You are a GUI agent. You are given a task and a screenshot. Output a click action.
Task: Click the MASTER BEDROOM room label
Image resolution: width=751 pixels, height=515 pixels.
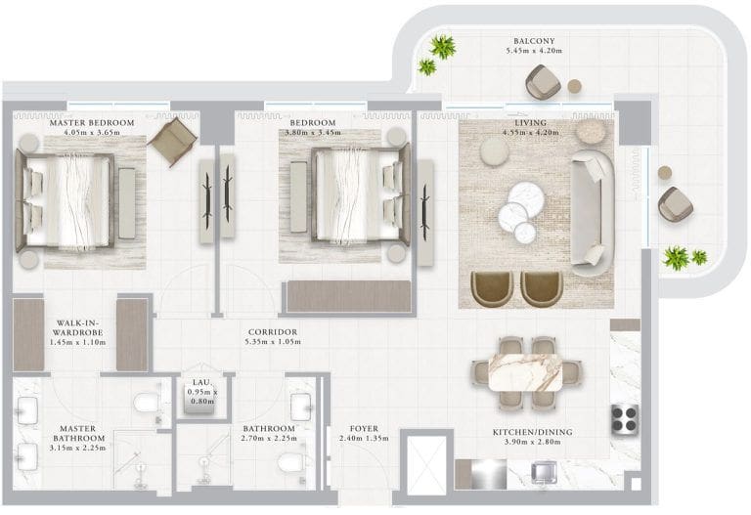92,123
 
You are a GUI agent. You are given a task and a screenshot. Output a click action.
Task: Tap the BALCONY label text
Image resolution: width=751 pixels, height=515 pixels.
534,41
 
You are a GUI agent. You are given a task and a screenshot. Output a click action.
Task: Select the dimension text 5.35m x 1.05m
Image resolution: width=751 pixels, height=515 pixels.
273,342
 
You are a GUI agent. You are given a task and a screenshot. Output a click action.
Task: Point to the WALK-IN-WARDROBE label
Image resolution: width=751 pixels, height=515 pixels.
77,327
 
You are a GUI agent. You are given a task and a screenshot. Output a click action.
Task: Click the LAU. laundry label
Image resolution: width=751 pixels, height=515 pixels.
201,382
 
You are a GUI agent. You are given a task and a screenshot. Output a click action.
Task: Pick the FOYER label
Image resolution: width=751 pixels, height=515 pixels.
364,429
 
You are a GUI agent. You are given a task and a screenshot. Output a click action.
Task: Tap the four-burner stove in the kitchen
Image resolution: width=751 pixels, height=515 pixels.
626,419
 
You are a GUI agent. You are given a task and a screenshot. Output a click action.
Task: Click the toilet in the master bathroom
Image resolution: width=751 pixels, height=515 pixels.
147,403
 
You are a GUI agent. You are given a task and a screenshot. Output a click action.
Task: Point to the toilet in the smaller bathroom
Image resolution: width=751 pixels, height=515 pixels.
290,463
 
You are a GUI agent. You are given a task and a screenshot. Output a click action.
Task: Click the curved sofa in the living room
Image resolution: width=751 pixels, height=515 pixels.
592,213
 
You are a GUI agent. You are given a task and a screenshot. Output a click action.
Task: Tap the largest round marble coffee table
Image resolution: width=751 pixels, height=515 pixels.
526,196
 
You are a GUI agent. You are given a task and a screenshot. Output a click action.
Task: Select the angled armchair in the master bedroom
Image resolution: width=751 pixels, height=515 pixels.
172,142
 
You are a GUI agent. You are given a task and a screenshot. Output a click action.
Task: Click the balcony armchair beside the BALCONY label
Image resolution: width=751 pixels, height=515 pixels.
543,82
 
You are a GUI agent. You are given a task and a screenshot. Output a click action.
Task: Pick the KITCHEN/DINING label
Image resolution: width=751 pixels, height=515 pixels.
533,432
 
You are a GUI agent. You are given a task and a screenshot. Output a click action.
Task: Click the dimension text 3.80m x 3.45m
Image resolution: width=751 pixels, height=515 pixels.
313,132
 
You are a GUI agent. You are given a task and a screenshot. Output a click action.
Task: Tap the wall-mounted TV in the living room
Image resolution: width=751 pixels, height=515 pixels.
424,213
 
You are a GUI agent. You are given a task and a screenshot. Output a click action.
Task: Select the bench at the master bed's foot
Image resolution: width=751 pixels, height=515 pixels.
127,203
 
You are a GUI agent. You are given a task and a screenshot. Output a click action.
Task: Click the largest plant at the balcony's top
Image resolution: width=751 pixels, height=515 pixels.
442,47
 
